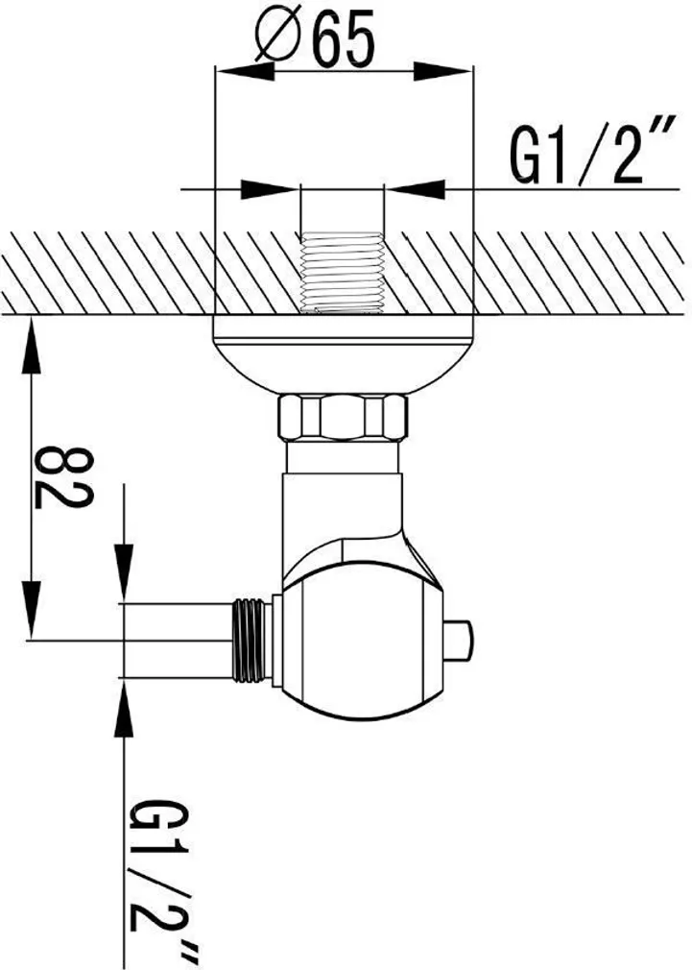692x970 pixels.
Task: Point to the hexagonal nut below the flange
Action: (342, 417)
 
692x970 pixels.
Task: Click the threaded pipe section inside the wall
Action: (342, 272)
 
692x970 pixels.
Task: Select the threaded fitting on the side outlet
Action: (251, 642)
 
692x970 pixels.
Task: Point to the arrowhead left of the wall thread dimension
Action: (269, 189)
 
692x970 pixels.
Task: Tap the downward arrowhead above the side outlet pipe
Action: (124, 571)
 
